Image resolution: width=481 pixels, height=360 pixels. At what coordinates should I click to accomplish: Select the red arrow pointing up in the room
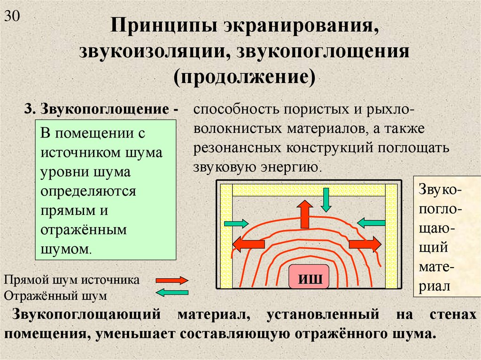tap(305, 214)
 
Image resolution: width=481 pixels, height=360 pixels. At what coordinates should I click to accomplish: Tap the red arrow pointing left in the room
tap(248, 244)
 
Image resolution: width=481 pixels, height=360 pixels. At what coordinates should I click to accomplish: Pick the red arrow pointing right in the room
tap(365, 244)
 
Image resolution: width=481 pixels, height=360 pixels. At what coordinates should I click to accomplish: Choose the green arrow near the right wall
tap(372, 222)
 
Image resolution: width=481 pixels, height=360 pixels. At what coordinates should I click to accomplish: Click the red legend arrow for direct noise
tap(171, 281)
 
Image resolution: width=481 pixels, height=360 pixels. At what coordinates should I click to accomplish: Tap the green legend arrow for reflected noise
tap(171, 293)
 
